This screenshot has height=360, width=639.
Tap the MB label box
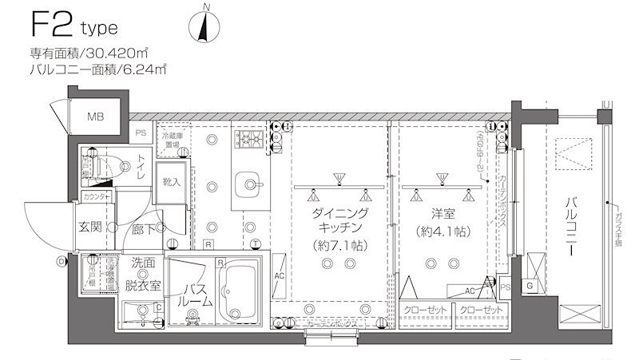tap(96, 117)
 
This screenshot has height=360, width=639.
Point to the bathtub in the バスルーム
tap(245, 291)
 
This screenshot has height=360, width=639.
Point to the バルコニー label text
tap(570, 226)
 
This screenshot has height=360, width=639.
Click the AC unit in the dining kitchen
tap(280, 275)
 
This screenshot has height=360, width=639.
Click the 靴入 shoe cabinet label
tap(173, 182)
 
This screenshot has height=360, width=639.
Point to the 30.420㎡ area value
tap(116, 53)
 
